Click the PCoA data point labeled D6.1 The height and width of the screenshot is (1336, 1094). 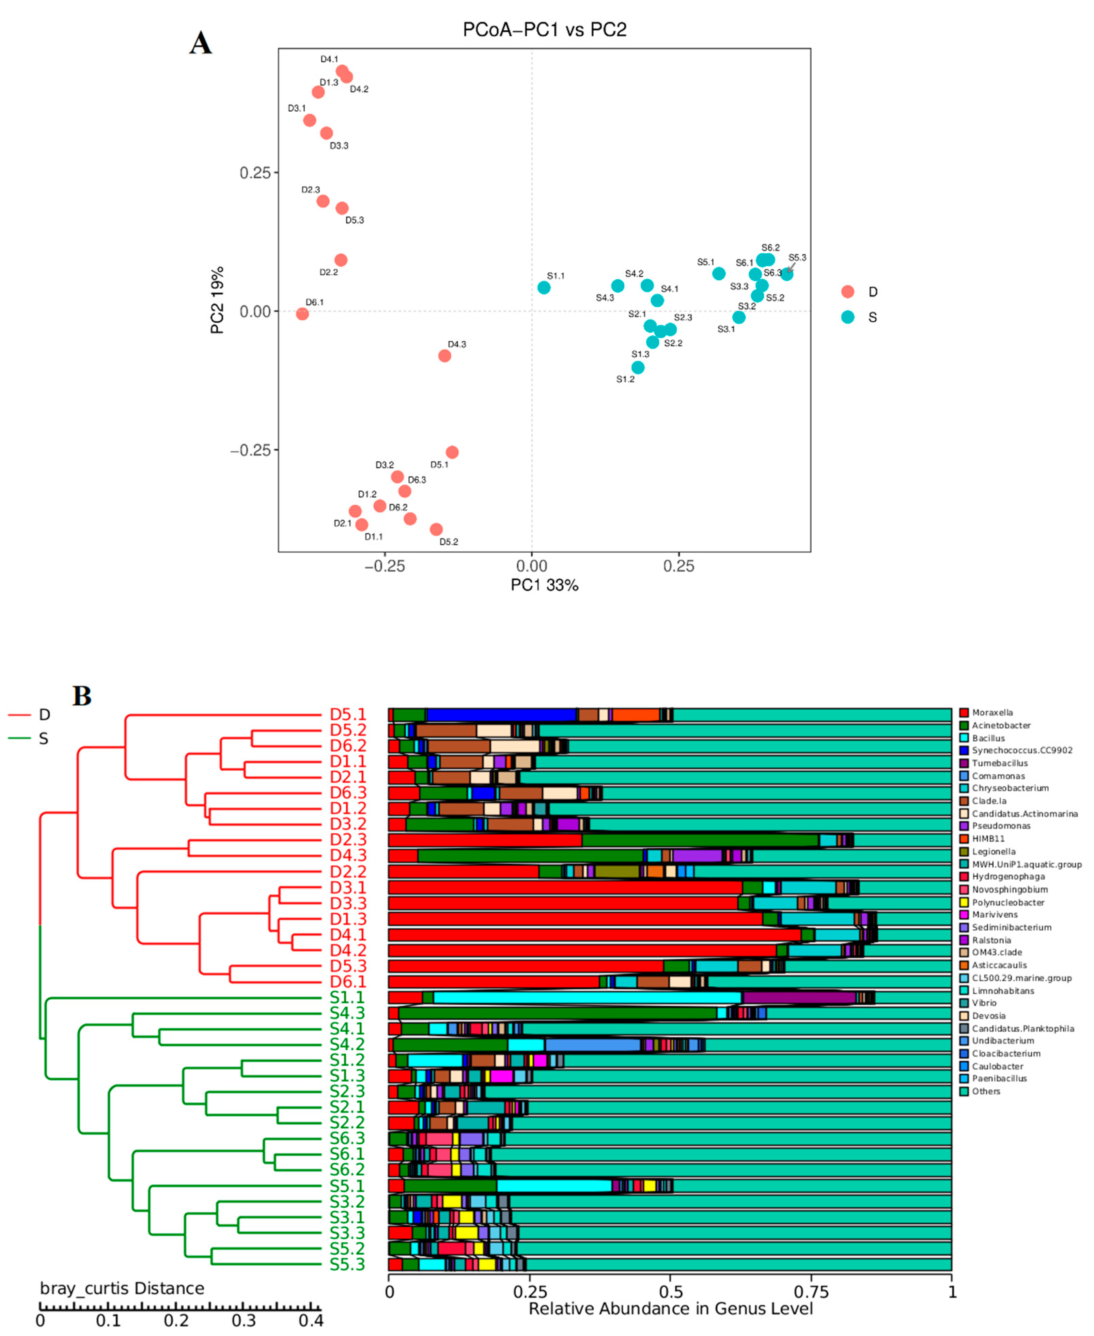(x=302, y=314)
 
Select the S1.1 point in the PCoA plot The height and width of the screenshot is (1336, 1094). (x=544, y=288)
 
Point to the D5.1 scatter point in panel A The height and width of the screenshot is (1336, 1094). (x=452, y=452)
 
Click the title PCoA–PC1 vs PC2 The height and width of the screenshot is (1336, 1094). (x=545, y=30)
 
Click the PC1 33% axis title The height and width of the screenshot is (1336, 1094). (x=545, y=585)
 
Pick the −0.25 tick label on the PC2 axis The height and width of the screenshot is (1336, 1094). (x=250, y=450)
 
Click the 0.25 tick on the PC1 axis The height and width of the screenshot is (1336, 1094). (x=679, y=566)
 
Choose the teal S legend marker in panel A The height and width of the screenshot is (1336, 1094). (x=848, y=317)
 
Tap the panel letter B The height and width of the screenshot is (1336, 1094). (x=82, y=696)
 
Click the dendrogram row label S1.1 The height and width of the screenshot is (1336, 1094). (x=347, y=997)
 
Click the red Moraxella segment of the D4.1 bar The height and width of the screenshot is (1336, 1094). (x=592, y=935)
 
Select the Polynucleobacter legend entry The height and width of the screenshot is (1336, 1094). (x=1008, y=902)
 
